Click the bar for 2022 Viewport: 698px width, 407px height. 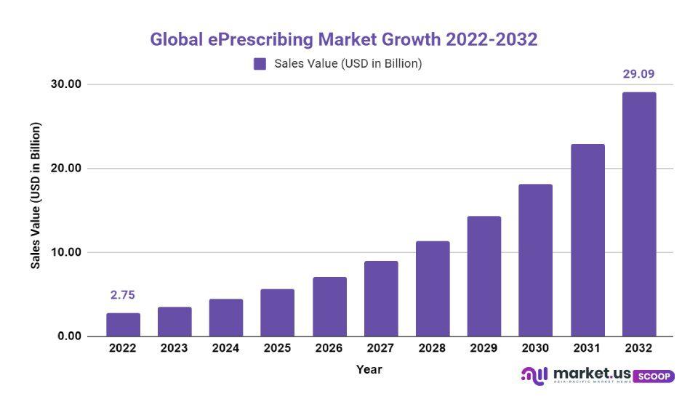coord(123,325)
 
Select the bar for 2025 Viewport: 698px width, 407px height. coord(277,313)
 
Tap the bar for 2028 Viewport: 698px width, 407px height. coord(433,289)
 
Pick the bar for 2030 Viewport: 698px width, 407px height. coord(535,260)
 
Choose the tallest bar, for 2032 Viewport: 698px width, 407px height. coord(639,214)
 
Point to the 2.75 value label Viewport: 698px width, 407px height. coord(123,295)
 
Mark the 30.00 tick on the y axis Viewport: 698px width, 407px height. coord(67,84)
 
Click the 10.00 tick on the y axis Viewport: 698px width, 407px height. coord(67,252)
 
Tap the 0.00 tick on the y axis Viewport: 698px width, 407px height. coord(70,337)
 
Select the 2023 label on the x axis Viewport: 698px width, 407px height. coord(174,348)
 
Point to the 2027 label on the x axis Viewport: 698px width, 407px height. coord(381,348)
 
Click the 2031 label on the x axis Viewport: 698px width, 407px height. coord(587,348)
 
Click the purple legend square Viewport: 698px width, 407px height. coord(260,64)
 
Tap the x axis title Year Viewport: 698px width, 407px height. coord(369,369)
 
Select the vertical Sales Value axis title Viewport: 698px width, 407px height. coord(36,196)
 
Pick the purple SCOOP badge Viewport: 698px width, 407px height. coord(654,376)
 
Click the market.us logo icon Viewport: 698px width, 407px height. coord(534,376)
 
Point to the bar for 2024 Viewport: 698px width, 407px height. coord(226,318)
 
